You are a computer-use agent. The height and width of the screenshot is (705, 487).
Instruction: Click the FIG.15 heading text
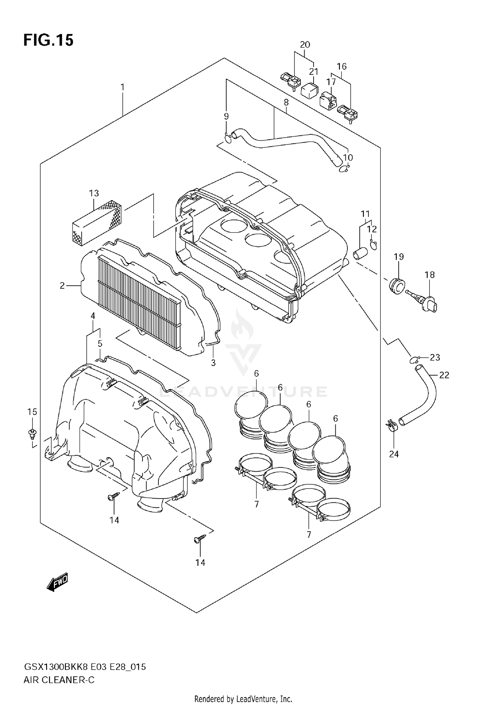[48, 41]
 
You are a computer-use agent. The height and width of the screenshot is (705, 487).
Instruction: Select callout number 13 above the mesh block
[94, 193]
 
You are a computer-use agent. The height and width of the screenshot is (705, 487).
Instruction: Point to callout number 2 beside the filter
[62, 286]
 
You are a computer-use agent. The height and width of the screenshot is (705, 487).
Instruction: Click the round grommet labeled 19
[396, 286]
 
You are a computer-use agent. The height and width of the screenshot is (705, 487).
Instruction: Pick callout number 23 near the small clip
[435, 357]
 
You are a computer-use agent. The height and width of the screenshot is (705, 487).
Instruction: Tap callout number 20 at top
[305, 44]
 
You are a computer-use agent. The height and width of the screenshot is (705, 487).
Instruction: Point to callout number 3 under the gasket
[213, 363]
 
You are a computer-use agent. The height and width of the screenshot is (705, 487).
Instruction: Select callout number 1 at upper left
[122, 87]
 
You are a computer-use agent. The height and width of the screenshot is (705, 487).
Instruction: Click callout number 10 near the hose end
[348, 157]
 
